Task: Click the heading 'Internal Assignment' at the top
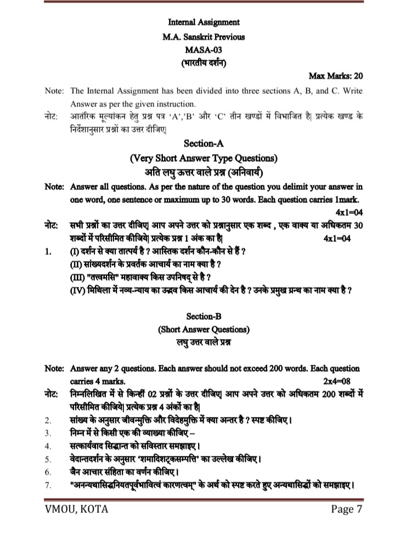[204, 22]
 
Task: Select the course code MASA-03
[204, 49]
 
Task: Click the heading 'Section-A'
[204, 144]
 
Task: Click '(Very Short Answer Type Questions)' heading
[204, 159]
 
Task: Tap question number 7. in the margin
[48, 485]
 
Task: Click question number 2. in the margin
[48, 421]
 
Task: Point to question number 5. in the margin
[48, 459]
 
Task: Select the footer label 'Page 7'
[347, 510]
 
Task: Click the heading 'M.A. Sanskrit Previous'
[204, 36]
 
